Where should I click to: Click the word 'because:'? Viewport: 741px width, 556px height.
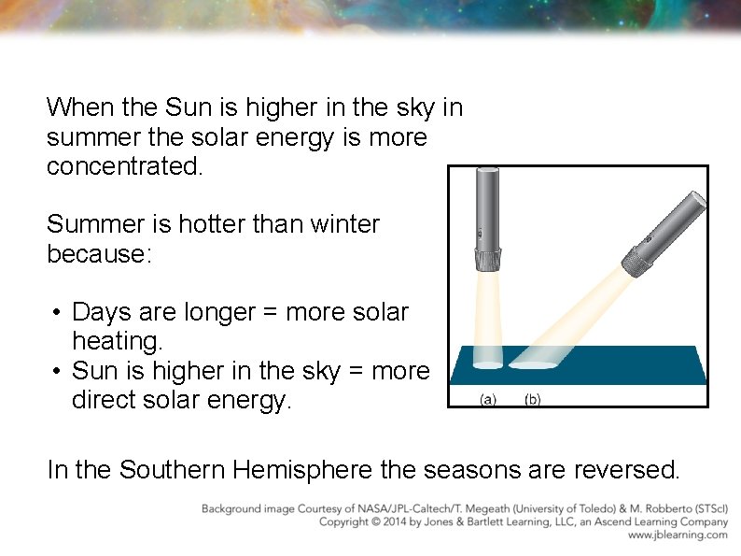tap(98, 253)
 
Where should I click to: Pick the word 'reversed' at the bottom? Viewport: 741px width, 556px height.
tap(642, 468)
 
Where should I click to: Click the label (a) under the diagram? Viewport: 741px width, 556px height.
tap(488, 399)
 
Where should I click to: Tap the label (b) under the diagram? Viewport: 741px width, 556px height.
tap(532, 399)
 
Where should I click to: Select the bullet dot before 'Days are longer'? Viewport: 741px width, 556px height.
tap(57, 312)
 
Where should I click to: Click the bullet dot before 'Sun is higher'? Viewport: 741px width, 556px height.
tap(57, 371)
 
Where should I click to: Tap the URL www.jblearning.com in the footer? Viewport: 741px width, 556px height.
tap(677, 535)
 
